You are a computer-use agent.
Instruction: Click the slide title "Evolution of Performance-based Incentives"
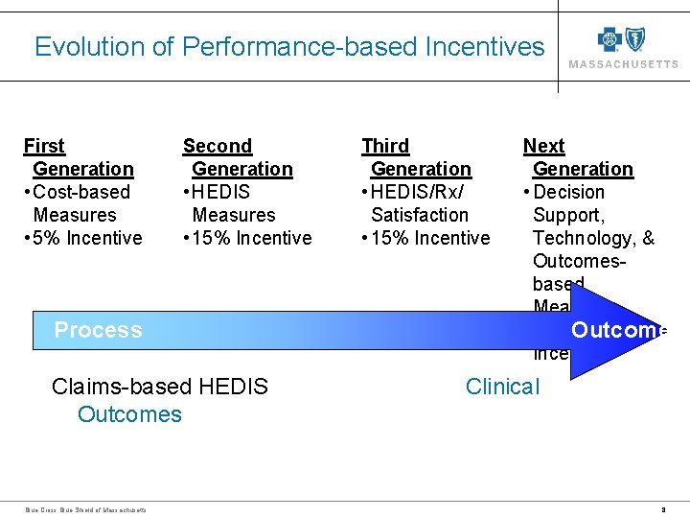(x=288, y=47)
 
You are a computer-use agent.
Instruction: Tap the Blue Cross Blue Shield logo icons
(x=622, y=39)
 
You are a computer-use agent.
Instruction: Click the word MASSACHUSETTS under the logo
(x=623, y=64)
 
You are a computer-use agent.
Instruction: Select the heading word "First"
(x=44, y=146)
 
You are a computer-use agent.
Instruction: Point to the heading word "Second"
(x=218, y=146)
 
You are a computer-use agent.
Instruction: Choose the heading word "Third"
(x=385, y=146)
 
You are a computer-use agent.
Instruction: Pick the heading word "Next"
(x=543, y=146)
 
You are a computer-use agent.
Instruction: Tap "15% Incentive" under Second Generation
(x=251, y=238)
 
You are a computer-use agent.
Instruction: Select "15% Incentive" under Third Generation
(x=430, y=238)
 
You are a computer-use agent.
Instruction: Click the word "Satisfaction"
(x=420, y=215)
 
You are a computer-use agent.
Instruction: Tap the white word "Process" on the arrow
(x=98, y=330)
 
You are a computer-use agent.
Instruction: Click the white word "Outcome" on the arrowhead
(x=618, y=330)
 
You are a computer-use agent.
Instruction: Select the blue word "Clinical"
(x=502, y=387)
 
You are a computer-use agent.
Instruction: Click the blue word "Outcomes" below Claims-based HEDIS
(x=129, y=414)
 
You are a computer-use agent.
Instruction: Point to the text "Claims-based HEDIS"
(x=160, y=387)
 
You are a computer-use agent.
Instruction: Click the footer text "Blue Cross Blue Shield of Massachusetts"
(x=85, y=509)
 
